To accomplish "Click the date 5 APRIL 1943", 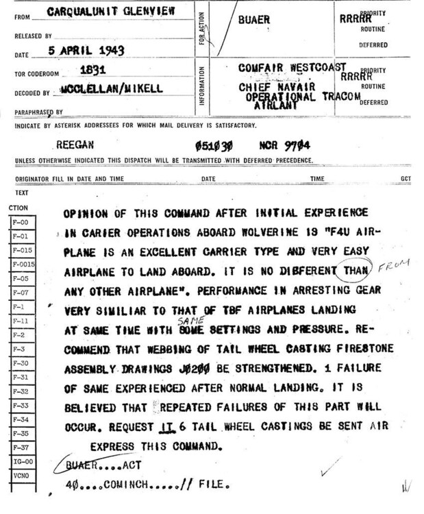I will point(82,50).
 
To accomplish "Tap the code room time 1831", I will point(92,70).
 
